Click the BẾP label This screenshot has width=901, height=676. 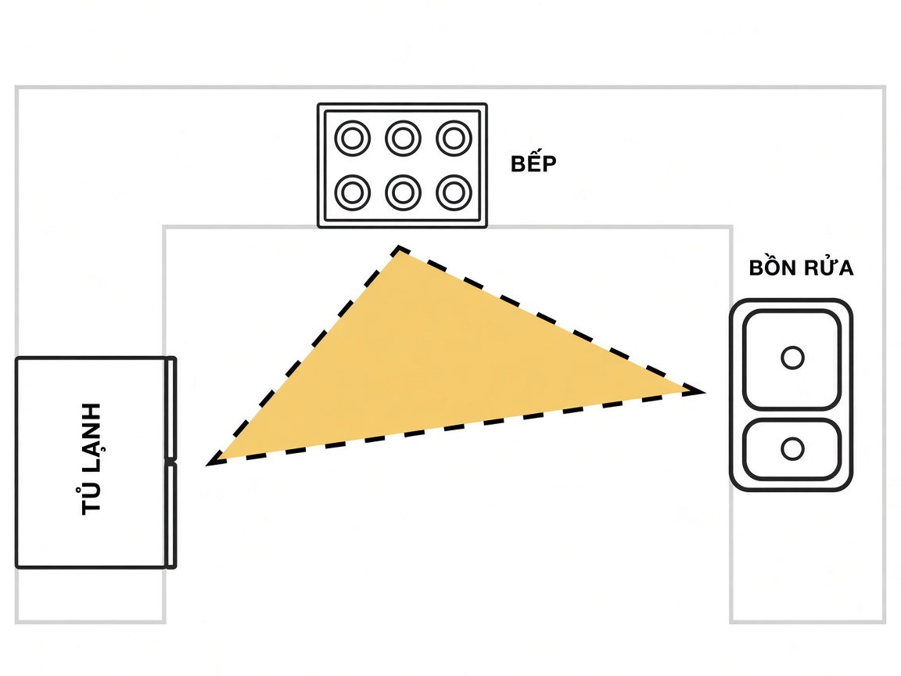coord(533,163)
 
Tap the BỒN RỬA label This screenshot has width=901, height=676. coord(801,268)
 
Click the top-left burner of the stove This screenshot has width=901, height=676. coord(352,138)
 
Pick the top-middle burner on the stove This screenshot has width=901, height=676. coord(403,138)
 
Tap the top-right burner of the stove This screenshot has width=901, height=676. coord(454,138)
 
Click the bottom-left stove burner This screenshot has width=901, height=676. coord(352,192)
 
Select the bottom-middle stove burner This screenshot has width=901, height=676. coord(403,192)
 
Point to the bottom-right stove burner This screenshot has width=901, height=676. coord(454,192)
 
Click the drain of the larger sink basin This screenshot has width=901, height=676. coord(792,358)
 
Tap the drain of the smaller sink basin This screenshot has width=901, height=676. coord(792,448)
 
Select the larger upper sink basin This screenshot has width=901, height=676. coord(792,359)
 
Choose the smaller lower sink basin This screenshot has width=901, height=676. coord(792,450)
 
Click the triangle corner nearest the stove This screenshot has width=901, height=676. coord(399,248)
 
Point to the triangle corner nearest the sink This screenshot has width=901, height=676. coord(703,392)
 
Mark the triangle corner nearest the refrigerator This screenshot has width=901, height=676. coord(209,464)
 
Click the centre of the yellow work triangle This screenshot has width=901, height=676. coord(436,368)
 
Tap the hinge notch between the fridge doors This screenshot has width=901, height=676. coord(171,461)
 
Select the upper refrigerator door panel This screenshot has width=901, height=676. coord(171,408)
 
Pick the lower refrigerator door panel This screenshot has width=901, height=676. coord(171,516)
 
